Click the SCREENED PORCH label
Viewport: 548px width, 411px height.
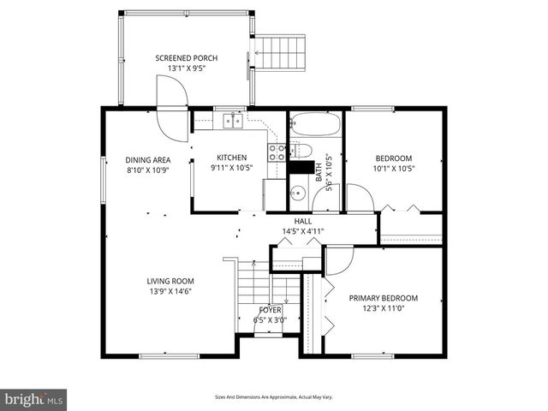(x=186, y=58)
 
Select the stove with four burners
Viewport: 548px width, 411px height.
(x=277, y=152)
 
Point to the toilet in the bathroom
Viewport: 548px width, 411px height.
(x=301, y=151)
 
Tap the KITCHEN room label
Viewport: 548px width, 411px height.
(x=231, y=158)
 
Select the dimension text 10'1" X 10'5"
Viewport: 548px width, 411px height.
(x=394, y=169)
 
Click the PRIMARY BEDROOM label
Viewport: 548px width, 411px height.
(x=381, y=298)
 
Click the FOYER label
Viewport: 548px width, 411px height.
(x=270, y=309)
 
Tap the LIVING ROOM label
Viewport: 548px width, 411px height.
(x=170, y=281)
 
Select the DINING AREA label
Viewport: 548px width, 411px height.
(x=148, y=159)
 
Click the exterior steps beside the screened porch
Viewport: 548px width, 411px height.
(x=280, y=55)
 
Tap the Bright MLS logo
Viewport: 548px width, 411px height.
(x=34, y=399)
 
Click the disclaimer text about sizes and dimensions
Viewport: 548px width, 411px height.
(x=273, y=396)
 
